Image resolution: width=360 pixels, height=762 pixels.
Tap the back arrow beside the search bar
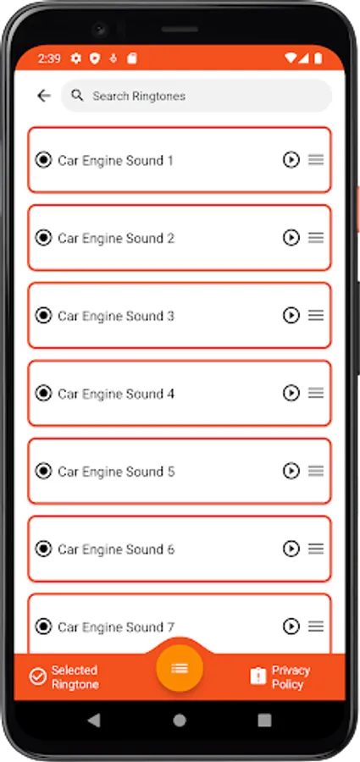point(44,96)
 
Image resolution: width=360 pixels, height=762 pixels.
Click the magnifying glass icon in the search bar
point(77,95)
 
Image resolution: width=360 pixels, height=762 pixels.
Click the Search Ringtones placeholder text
point(139,96)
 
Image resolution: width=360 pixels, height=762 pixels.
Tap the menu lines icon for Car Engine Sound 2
point(316,238)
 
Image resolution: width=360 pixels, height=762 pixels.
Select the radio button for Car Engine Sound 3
point(43,316)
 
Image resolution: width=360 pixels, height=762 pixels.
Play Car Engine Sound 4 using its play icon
point(291,393)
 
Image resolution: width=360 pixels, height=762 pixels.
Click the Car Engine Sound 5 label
point(116,472)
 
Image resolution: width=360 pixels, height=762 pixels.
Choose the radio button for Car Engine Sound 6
point(43,549)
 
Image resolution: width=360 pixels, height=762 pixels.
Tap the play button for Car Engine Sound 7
point(291,627)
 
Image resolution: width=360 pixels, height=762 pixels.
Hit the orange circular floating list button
point(180,668)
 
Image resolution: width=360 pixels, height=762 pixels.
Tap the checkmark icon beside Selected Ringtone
point(37,676)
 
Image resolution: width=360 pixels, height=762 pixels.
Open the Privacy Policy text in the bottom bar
point(291,677)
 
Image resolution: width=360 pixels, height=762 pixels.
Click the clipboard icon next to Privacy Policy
point(258,676)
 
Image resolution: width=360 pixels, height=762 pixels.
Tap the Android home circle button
point(180,721)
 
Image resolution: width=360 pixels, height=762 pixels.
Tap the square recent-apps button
point(264,721)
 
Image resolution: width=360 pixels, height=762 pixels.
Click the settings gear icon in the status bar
point(76,58)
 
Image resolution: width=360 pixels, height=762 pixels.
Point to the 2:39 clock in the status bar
point(49,58)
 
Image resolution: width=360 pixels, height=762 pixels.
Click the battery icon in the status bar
point(318,58)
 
